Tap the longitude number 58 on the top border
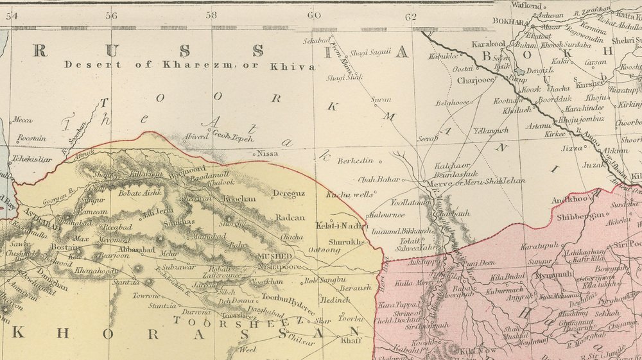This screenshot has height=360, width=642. click(212, 15)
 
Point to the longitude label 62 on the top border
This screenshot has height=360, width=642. click(412, 16)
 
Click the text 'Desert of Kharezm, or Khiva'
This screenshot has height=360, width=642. click(190, 65)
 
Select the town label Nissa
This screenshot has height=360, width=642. click(268, 153)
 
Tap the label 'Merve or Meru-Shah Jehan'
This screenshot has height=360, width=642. click(476, 182)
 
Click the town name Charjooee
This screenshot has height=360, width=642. click(476, 81)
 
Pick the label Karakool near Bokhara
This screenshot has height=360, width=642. click(490, 44)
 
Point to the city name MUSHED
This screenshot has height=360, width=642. click(275, 255)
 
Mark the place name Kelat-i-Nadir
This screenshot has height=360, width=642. click(341, 226)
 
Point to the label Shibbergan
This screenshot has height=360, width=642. click(580, 216)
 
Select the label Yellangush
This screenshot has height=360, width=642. click(491, 130)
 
